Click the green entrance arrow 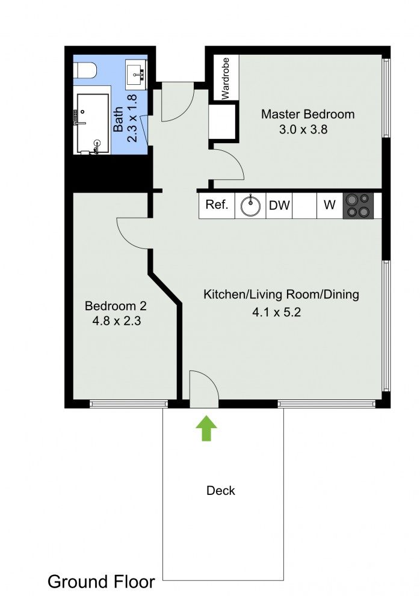[206, 428]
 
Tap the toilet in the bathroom [85, 70]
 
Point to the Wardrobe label [225, 78]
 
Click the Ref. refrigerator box [217, 205]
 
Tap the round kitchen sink [250, 205]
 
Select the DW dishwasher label [279, 205]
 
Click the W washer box [330, 205]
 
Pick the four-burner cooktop [359, 206]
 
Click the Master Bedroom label [307, 114]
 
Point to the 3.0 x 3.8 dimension [303, 130]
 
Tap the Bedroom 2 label [116, 306]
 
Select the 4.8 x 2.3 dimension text [116, 321]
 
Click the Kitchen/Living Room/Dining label [281, 295]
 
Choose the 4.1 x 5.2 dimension [277, 313]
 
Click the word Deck [221, 491]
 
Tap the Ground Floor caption [101, 582]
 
